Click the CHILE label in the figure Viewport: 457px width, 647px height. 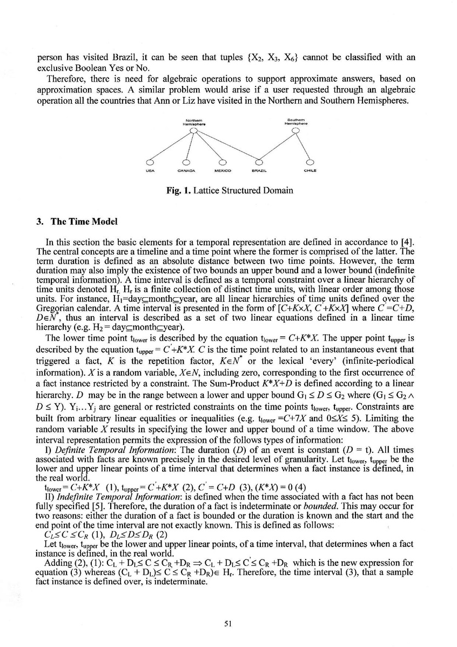(x=310, y=171)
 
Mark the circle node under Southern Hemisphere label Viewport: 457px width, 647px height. (x=295, y=130)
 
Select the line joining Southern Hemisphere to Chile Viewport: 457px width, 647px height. (x=303, y=146)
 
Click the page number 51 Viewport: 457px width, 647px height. (x=228, y=623)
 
